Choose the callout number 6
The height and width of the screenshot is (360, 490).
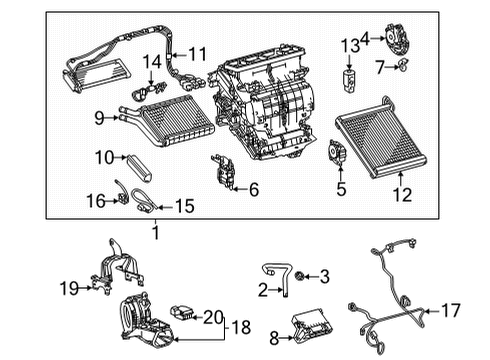253,189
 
